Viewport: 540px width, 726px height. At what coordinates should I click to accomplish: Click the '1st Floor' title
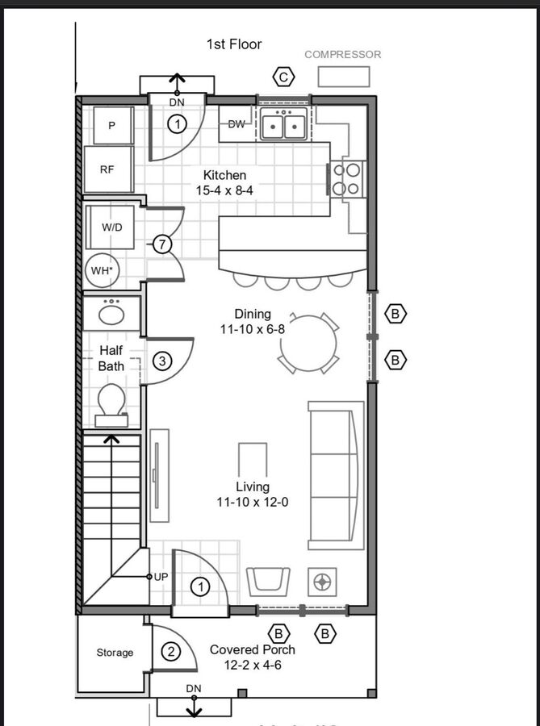click(234, 44)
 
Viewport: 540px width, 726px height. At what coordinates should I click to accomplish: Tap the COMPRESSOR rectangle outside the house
click(344, 77)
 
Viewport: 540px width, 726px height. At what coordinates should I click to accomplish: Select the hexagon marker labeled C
click(284, 77)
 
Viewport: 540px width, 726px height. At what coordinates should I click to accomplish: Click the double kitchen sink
click(284, 124)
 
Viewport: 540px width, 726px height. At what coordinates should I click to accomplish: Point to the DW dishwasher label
click(237, 124)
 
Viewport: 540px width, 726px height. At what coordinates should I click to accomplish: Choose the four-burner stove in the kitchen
click(347, 179)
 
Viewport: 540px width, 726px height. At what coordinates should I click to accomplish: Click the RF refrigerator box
click(108, 169)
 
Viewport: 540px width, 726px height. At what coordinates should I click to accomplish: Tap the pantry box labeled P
click(113, 126)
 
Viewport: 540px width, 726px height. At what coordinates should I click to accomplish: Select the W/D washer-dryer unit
click(111, 227)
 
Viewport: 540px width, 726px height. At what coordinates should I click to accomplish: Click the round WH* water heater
click(103, 271)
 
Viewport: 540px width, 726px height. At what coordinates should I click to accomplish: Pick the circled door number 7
click(162, 244)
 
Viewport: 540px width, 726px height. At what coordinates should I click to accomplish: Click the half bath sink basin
click(111, 315)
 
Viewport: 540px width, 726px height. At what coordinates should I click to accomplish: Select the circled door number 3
click(162, 361)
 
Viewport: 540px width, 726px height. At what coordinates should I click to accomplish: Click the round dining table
click(308, 343)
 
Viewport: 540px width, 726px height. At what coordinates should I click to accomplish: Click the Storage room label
click(115, 653)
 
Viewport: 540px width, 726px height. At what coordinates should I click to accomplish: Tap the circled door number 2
click(171, 652)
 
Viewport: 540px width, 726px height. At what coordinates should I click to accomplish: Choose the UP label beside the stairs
click(161, 577)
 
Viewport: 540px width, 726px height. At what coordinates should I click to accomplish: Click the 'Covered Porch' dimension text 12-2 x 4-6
click(253, 665)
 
